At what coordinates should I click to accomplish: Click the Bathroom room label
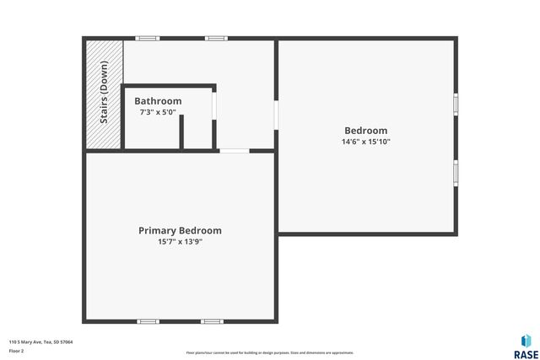(x=158, y=101)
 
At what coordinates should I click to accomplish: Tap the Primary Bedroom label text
(x=180, y=230)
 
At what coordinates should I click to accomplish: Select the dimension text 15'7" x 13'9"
(x=180, y=242)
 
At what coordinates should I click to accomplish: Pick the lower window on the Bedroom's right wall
(x=456, y=171)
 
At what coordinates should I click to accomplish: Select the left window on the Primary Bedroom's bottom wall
(x=148, y=321)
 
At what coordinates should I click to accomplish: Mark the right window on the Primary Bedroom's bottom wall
(x=212, y=321)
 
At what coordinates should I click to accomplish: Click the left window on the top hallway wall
(x=148, y=38)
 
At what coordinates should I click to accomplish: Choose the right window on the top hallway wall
(x=216, y=38)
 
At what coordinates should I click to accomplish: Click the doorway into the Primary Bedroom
(x=234, y=151)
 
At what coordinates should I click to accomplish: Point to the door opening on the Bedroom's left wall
(x=276, y=115)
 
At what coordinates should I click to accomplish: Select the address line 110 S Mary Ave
(x=40, y=342)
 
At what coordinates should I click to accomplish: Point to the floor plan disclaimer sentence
(x=269, y=352)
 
